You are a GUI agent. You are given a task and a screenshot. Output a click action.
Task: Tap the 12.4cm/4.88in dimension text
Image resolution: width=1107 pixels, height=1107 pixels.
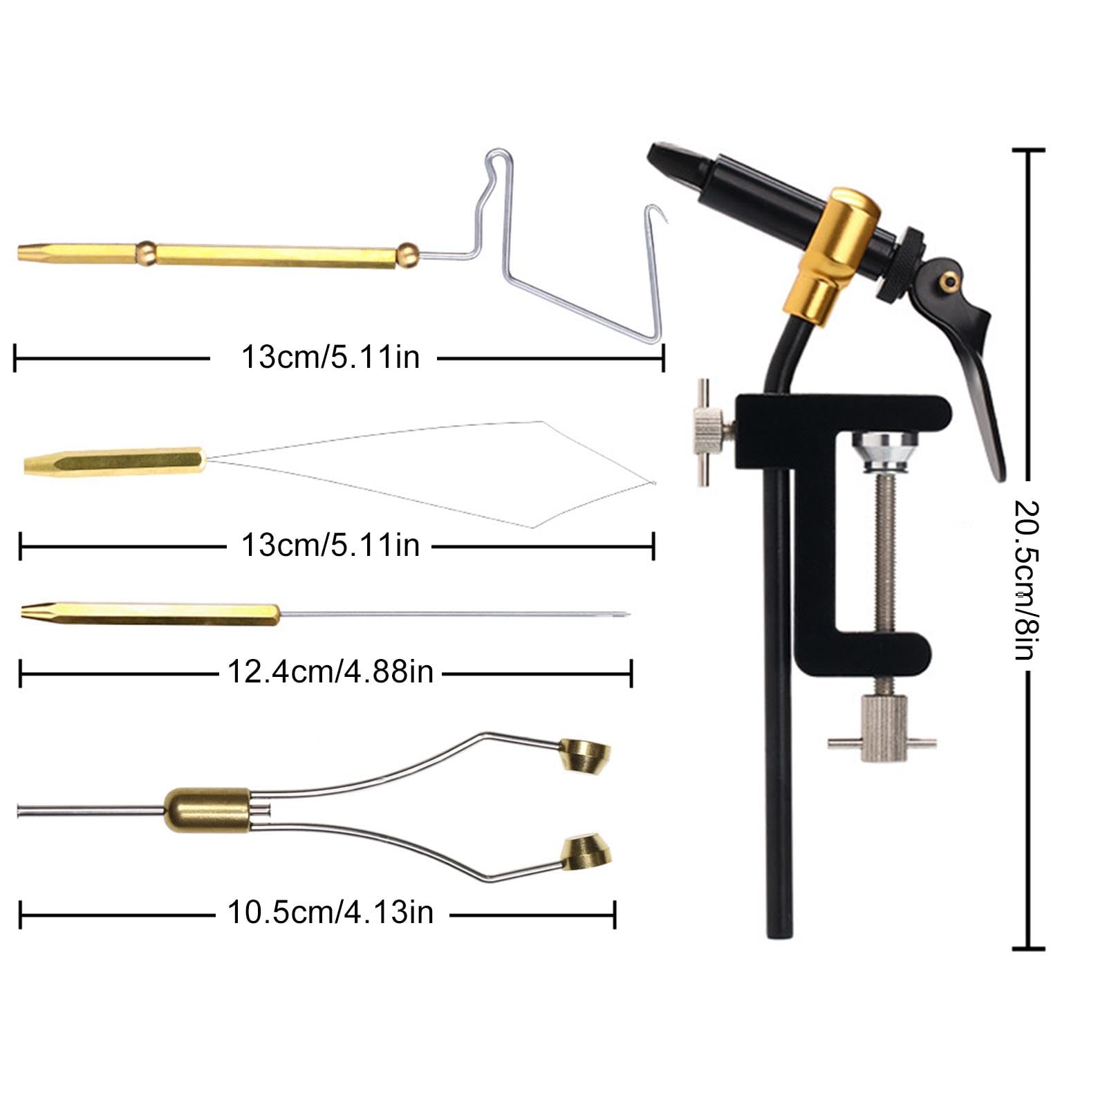(331, 672)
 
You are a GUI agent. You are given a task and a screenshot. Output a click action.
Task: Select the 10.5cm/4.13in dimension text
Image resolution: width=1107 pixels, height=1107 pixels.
(331, 913)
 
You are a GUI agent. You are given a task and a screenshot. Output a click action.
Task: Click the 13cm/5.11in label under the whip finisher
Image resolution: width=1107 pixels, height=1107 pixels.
(331, 357)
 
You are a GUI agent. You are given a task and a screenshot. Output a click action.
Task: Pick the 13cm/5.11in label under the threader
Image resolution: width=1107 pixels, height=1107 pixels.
(331, 546)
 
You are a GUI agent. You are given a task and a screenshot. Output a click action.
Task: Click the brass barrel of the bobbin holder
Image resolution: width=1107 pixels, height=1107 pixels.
(207, 810)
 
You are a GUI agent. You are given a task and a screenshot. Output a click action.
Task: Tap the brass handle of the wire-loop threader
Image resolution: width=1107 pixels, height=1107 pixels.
(114, 461)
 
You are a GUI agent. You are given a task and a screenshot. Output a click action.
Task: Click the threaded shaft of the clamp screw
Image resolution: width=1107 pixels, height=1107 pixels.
(883, 553)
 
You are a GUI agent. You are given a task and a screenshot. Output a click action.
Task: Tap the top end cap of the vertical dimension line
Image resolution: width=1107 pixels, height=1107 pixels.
(1028, 150)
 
